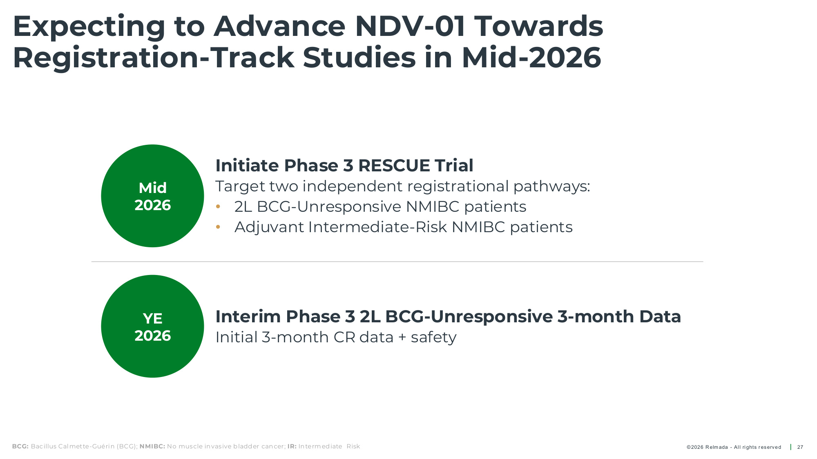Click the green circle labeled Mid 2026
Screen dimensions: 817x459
coord(152,196)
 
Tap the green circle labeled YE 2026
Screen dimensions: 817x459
coord(152,326)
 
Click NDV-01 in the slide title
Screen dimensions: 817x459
coord(410,26)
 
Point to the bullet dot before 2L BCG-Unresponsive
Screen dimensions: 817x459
coord(218,207)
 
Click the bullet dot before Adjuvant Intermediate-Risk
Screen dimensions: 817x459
coord(218,227)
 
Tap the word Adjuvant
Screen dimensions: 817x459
coord(269,228)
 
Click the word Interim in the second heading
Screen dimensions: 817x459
coord(248,317)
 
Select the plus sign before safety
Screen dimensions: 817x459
coord(402,338)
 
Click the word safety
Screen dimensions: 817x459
coord(433,338)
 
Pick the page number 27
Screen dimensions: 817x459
coord(800,447)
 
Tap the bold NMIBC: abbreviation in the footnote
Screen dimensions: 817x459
coord(152,446)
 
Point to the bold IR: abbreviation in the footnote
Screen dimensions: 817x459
coord(292,446)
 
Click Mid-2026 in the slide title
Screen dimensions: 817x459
coord(531,58)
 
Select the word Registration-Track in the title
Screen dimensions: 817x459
coord(153,58)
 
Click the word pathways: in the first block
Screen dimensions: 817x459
coord(552,187)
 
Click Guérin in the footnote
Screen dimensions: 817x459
coord(105,446)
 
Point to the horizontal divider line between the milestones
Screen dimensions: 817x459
coord(397,262)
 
